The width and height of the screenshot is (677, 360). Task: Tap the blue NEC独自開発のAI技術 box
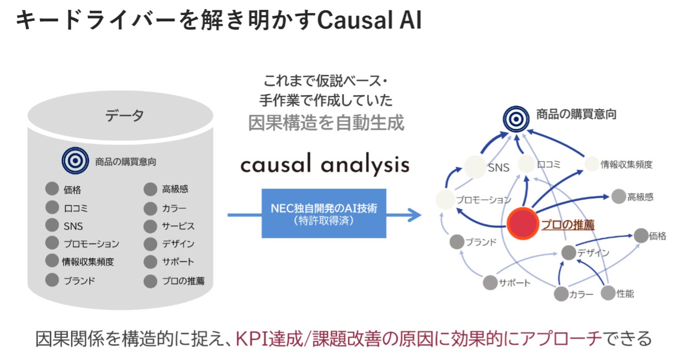click(x=324, y=213)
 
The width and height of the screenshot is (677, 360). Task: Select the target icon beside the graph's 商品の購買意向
click(x=516, y=118)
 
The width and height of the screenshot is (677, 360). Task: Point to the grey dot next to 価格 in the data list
click(x=52, y=189)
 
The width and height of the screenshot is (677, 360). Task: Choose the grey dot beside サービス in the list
click(x=151, y=226)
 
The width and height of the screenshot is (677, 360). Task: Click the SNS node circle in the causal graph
click(x=475, y=166)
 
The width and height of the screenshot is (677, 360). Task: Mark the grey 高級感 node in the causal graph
click(x=618, y=196)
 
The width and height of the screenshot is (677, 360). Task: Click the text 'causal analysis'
click(x=324, y=165)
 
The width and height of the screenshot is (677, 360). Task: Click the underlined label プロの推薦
click(x=568, y=224)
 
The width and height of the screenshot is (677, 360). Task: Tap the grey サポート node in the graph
click(x=490, y=283)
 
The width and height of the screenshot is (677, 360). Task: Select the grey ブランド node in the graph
click(x=457, y=242)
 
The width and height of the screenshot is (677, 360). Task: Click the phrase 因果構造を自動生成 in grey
click(x=326, y=123)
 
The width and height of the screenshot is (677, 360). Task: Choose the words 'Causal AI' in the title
click(x=369, y=21)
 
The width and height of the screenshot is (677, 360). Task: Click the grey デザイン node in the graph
click(x=568, y=253)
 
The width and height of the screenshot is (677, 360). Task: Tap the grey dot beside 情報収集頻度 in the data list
click(x=52, y=261)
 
